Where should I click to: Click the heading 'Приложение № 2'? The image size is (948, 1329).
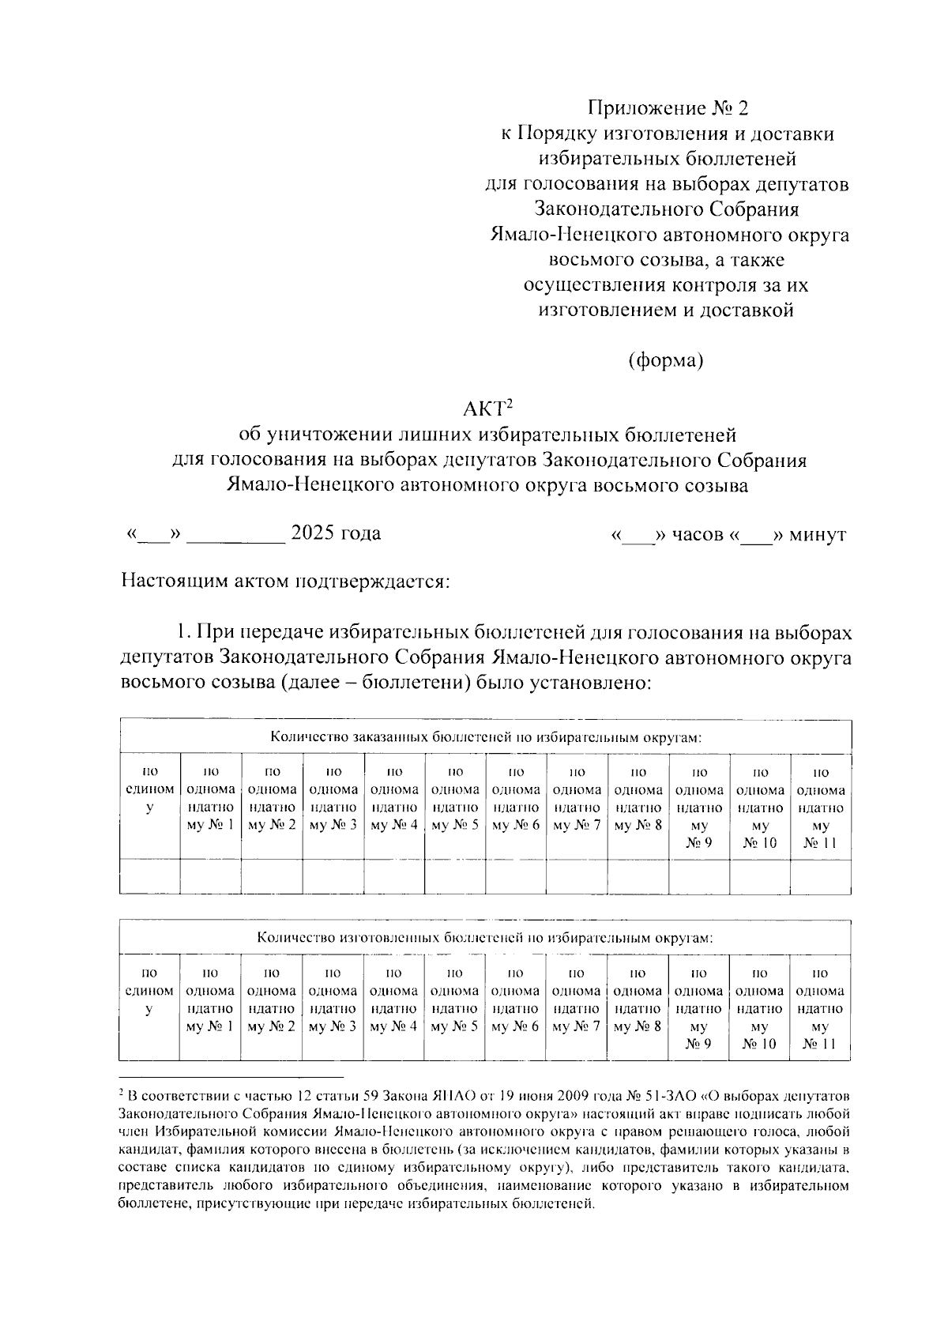667,107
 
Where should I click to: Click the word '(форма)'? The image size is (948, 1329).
665,361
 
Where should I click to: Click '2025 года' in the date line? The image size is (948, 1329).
336,533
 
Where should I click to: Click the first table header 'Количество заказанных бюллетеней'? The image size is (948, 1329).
485,737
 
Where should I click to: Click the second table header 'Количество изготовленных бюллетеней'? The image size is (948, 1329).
485,938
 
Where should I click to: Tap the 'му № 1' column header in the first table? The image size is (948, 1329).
210,826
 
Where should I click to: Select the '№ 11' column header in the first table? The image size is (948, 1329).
820,843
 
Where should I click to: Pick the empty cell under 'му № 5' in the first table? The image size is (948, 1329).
455,877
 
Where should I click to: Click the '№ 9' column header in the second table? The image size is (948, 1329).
698,1045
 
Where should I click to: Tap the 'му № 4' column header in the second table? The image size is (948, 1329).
393,1026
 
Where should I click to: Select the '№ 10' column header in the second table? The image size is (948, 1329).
759,1045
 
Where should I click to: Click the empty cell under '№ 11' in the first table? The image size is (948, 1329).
820,877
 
